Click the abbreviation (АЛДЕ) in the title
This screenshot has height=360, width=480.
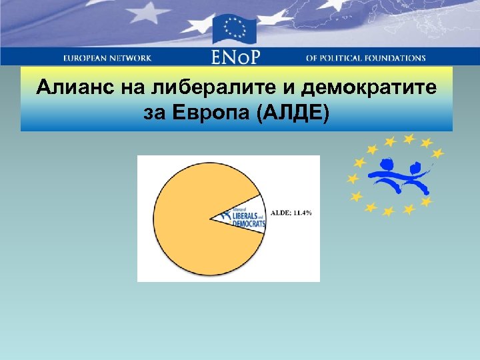click(x=291, y=113)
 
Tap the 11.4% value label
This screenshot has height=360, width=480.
click(x=303, y=213)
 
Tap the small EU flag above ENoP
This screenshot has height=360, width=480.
click(x=235, y=29)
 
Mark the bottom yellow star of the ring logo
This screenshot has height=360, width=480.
click(x=389, y=211)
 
